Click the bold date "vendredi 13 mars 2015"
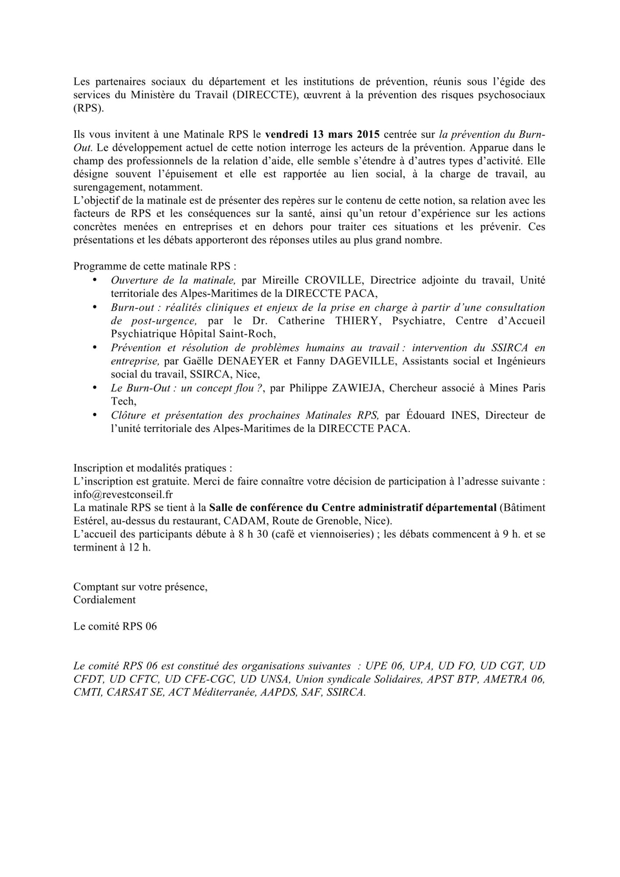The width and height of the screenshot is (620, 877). pyautogui.click(x=322, y=134)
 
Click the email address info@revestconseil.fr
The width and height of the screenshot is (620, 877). pyautogui.click(x=123, y=494)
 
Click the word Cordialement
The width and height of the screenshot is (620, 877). pyautogui.click(x=104, y=599)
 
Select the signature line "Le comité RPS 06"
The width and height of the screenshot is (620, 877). pyautogui.click(x=115, y=626)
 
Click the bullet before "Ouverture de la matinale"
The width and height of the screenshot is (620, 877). pyautogui.click(x=95, y=280)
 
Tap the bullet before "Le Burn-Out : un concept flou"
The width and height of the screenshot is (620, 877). pyautogui.click(x=95, y=388)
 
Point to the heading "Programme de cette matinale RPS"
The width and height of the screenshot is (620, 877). pyautogui.click(x=155, y=266)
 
